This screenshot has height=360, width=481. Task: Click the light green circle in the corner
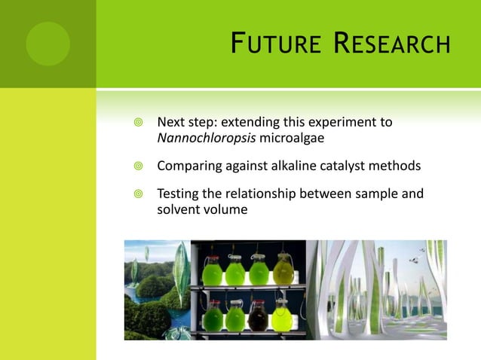coord(47,43)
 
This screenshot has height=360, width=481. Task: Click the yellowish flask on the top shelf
coord(283,270)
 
